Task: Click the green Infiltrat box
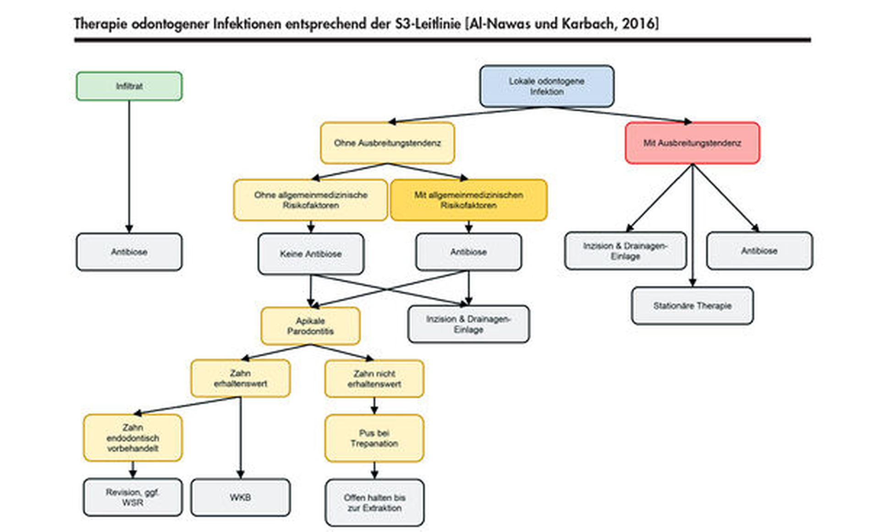tap(129, 86)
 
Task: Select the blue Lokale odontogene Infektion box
tap(546, 86)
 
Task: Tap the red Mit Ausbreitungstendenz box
tap(692, 143)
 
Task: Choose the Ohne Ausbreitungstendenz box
tap(387, 143)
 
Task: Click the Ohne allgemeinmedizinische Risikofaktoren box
tap(310, 200)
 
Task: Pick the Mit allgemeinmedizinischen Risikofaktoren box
tap(468, 200)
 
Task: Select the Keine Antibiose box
tap(311, 254)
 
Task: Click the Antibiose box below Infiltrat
tap(129, 252)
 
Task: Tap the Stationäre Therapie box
tap(692, 305)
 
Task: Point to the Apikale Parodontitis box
tap(310, 326)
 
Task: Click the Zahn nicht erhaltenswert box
tap(374, 379)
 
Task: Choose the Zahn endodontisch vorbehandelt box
tap(132, 438)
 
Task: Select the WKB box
tap(240, 497)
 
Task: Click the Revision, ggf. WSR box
tap(132, 497)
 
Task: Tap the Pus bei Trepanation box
tap(374, 438)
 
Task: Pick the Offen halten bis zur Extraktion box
tap(374, 503)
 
